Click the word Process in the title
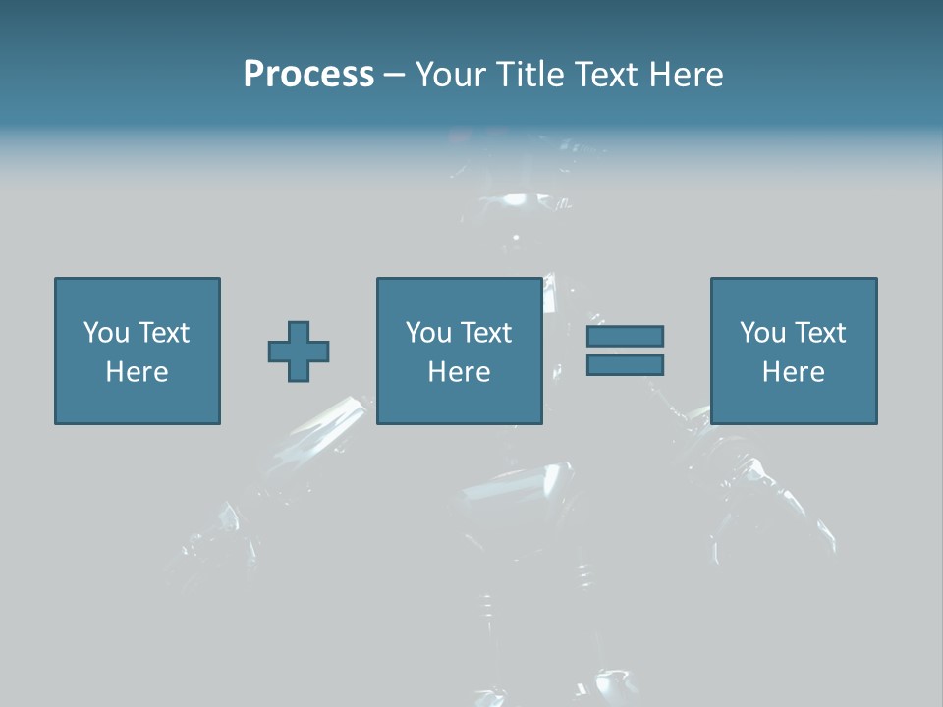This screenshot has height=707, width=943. tap(308, 74)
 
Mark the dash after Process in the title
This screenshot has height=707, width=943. tap(394, 76)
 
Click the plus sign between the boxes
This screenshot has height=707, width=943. tap(299, 352)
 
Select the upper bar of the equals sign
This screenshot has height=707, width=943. tap(625, 336)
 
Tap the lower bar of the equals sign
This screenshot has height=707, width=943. tap(625, 365)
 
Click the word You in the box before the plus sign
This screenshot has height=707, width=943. tap(105, 333)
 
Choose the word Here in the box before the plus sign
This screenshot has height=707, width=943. tap(137, 372)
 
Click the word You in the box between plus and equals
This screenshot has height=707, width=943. tap(427, 333)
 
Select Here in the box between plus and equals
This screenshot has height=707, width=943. tap(459, 372)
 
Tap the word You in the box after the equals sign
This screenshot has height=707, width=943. tap(761, 333)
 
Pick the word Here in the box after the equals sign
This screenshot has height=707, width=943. tap(793, 372)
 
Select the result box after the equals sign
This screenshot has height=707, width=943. tap(794, 403)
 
